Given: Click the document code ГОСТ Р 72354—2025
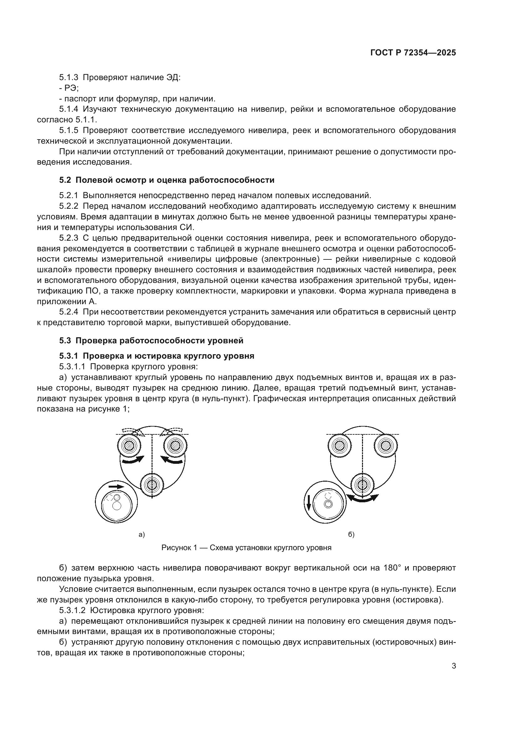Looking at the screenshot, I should [x=413, y=53].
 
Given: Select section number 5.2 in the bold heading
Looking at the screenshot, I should [x=65, y=180].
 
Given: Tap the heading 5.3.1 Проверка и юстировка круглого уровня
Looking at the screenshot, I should [x=157, y=356].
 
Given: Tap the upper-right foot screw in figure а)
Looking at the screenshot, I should [x=174, y=445].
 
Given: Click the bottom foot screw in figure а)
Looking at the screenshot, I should [x=152, y=485].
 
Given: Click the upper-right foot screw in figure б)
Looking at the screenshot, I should [x=386, y=445].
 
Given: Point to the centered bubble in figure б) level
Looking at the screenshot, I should [x=328, y=504].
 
